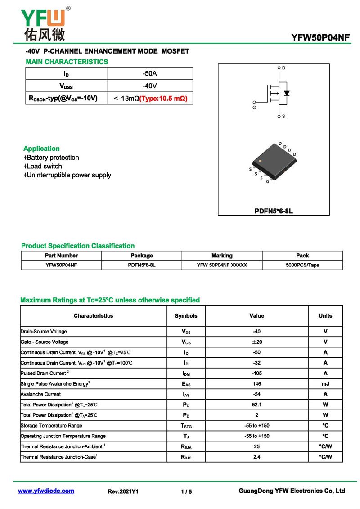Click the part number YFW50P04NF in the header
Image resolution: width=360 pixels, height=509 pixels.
[x=320, y=38]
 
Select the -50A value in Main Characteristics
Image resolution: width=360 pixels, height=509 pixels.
[x=149, y=73]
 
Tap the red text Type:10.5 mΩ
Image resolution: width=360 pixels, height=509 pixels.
[x=163, y=98]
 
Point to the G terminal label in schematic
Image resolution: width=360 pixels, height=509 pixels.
[x=254, y=108]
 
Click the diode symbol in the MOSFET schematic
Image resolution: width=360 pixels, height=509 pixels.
[x=287, y=94]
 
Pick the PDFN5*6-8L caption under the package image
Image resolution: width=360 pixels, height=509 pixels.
[x=274, y=211]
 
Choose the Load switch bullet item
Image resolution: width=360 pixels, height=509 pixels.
[x=44, y=166]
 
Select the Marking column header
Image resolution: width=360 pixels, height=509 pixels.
[x=222, y=256]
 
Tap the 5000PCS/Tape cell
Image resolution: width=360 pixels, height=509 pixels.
[x=302, y=265]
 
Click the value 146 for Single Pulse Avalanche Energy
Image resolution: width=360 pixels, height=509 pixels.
[x=257, y=384]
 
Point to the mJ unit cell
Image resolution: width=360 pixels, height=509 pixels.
[x=325, y=384]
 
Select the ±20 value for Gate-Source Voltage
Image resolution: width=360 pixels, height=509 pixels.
[x=257, y=342]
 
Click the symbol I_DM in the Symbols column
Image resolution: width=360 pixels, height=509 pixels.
[x=186, y=374]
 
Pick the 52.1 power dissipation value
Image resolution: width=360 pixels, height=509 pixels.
[x=257, y=405]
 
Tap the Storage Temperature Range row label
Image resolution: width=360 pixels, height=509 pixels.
[x=51, y=425]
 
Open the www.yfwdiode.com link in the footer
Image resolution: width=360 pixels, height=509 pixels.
[x=46, y=491]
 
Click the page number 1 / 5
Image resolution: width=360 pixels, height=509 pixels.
[x=186, y=492]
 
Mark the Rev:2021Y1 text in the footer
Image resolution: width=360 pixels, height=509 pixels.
[x=123, y=492]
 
